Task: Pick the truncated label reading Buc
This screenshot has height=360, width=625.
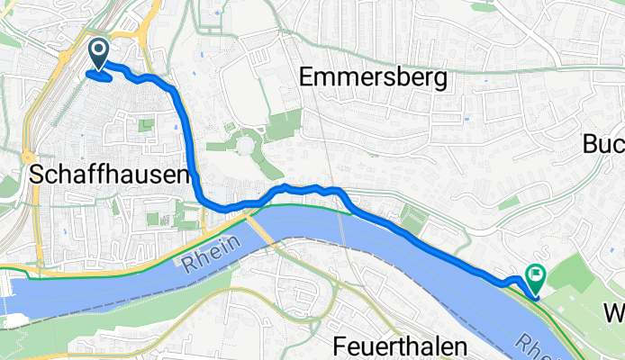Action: click(x=603, y=144)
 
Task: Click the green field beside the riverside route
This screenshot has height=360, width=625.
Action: click(x=415, y=216)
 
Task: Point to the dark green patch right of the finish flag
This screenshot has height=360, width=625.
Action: click(x=576, y=274)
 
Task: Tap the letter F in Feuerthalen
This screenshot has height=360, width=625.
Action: click(x=339, y=346)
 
